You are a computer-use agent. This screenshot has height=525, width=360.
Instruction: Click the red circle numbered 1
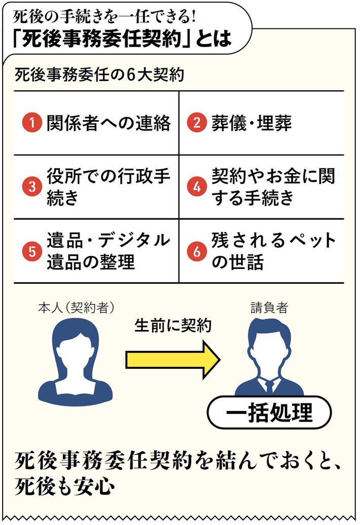[x=32, y=124]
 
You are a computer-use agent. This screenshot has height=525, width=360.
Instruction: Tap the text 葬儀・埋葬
[x=251, y=124]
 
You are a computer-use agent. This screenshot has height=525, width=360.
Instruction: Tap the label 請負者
[x=269, y=308]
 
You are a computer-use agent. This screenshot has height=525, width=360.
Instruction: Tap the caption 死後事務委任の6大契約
[x=99, y=76]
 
